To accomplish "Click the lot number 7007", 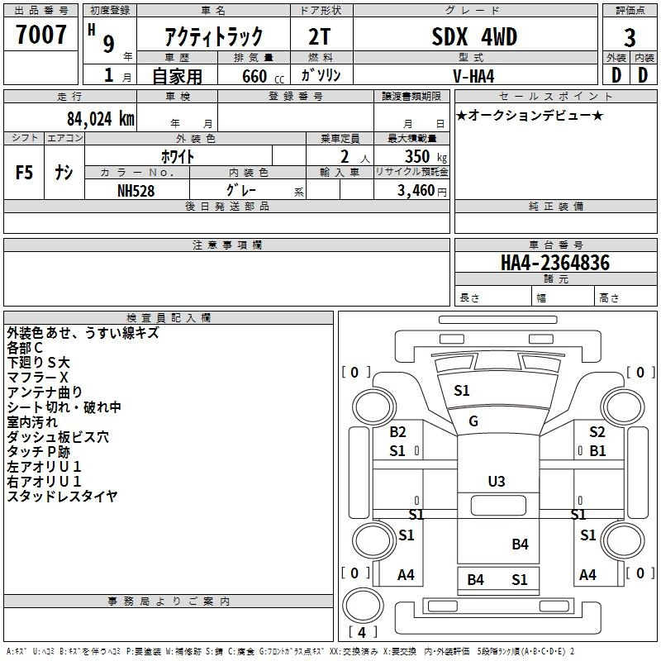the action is (40, 35).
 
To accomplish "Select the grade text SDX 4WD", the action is (474, 36).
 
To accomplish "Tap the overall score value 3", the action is (630, 38).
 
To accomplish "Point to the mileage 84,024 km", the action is (100, 119).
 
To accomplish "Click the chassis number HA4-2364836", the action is (555, 263).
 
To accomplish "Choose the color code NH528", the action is (136, 191).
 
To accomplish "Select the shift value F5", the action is (24, 173).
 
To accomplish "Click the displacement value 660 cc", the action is (263, 76).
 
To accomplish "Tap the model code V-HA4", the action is (473, 76).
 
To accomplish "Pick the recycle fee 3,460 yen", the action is (422, 191).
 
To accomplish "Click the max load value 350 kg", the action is (426, 156).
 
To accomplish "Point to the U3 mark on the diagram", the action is (497, 482).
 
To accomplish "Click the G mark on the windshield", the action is (473, 421).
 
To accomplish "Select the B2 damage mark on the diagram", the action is (397, 431).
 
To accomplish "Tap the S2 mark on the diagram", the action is (597, 431).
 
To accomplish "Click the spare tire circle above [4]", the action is (363, 606).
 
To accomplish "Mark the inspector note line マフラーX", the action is (37, 378).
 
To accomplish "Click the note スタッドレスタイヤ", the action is (63, 497).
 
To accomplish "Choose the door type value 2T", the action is (320, 36).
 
